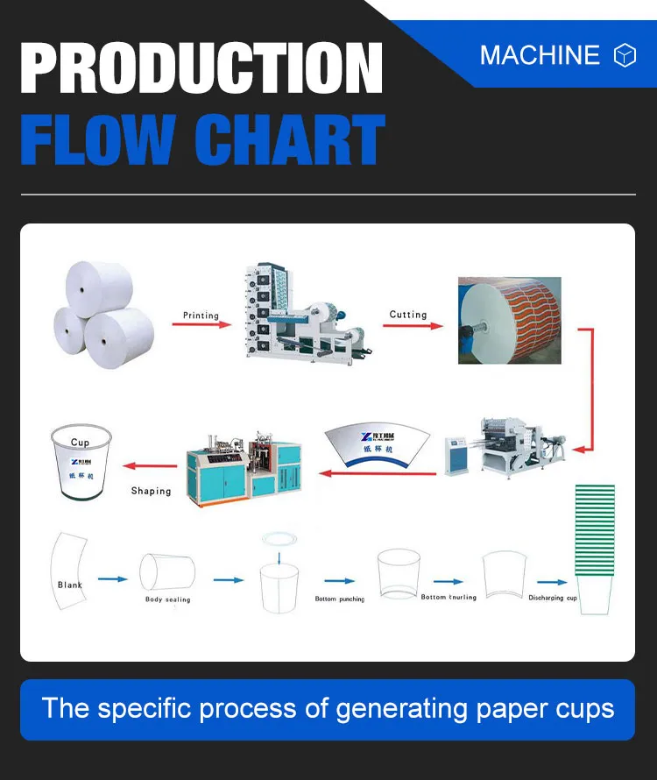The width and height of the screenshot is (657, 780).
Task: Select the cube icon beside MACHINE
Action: [x=624, y=55]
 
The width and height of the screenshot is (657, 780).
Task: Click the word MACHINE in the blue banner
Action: [x=539, y=55]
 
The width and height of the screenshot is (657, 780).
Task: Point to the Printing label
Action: [x=201, y=315]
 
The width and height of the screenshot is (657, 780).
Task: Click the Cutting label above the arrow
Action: [x=408, y=314]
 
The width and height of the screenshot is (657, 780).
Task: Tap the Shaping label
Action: [x=151, y=491]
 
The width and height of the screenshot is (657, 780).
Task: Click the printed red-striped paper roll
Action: [x=509, y=320]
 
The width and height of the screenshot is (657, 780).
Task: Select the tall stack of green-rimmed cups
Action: [x=595, y=548]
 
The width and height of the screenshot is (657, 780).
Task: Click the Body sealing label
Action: [x=167, y=599]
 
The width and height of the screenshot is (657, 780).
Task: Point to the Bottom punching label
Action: [x=340, y=599]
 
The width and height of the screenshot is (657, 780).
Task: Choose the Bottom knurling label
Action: [x=449, y=597]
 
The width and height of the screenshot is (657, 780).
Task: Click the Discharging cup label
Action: [x=553, y=598]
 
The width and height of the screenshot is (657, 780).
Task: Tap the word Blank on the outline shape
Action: [x=70, y=585]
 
